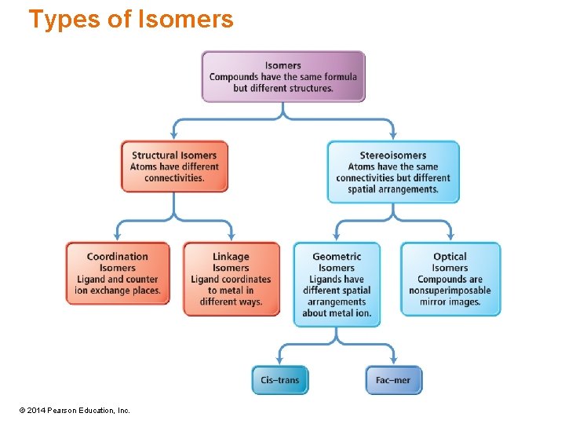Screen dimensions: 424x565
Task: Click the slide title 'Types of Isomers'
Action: point(131,19)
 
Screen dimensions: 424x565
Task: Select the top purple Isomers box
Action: point(283,76)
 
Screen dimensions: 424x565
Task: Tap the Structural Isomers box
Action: point(174,166)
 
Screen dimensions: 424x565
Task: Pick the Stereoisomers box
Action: point(393,172)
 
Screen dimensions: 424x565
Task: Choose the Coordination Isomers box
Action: point(118,273)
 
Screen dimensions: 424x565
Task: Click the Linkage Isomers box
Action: point(231,279)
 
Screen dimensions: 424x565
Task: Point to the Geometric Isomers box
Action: point(337,284)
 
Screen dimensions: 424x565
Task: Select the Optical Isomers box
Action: point(450,279)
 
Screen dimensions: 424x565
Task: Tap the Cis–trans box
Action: point(280,380)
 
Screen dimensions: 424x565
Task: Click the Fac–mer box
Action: point(393,380)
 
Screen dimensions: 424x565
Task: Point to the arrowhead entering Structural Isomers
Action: point(174,136)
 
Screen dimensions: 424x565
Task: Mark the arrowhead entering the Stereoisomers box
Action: point(392,136)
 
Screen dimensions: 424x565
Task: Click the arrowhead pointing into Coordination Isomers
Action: point(118,236)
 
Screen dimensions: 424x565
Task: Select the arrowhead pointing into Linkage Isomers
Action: point(231,236)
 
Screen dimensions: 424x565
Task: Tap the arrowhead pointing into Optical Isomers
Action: point(450,236)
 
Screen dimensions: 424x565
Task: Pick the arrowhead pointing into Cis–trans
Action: point(280,360)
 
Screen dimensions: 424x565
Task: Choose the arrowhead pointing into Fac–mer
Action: point(393,360)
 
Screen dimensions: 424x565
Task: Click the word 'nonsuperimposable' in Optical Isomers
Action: point(450,291)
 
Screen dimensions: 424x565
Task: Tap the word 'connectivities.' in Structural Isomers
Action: point(174,178)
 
